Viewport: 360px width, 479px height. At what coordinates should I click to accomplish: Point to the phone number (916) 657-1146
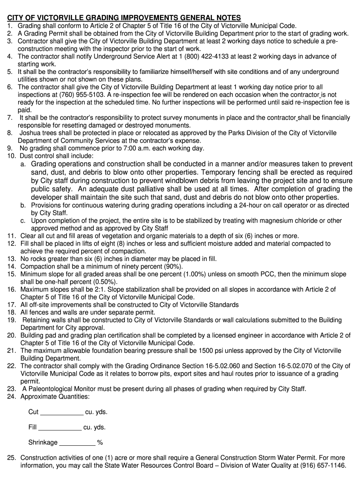[x=323, y=465]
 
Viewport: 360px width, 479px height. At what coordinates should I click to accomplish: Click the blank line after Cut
[x=62, y=412]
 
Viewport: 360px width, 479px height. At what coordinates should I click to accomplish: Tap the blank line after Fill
[x=59, y=427]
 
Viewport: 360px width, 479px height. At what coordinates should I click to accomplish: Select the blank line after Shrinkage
[x=77, y=443]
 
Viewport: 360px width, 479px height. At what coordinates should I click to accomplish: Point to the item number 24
[x=12, y=397]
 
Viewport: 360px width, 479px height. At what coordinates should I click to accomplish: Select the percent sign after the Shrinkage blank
[x=100, y=443]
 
